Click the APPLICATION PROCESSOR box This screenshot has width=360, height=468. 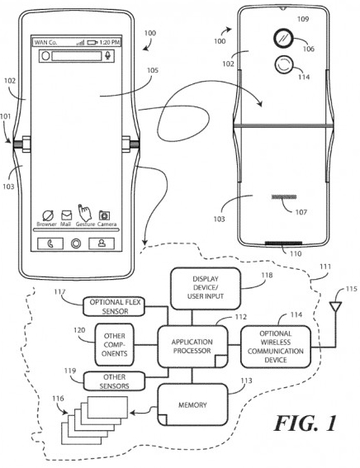click(192, 346)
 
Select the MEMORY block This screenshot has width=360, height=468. click(192, 404)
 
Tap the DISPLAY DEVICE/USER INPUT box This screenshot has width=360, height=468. click(206, 288)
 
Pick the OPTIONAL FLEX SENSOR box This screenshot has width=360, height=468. click(114, 306)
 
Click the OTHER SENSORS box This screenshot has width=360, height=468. click(114, 381)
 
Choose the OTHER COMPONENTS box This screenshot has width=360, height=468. click(114, 345)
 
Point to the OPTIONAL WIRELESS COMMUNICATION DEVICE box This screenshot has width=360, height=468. click(276, 347)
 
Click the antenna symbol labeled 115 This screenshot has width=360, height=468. click(336, 307)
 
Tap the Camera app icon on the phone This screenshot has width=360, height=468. click(104, 215)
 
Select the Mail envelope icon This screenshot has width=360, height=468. click(66, 215)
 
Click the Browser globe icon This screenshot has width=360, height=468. click(47, 215)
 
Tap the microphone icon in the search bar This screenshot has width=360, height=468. click(108, 55)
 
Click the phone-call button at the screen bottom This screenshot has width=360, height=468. click(50, 243)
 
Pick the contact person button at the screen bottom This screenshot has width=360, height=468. click(102, 243)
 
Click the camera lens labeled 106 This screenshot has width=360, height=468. click(282, 39)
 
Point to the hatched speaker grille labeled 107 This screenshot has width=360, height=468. click(284, 197)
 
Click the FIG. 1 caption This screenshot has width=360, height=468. click(305, 423)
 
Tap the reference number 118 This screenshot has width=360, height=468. click(267, 275)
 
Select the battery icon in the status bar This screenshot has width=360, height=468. click(92, 43)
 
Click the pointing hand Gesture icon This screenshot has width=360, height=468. click(84, 212)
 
